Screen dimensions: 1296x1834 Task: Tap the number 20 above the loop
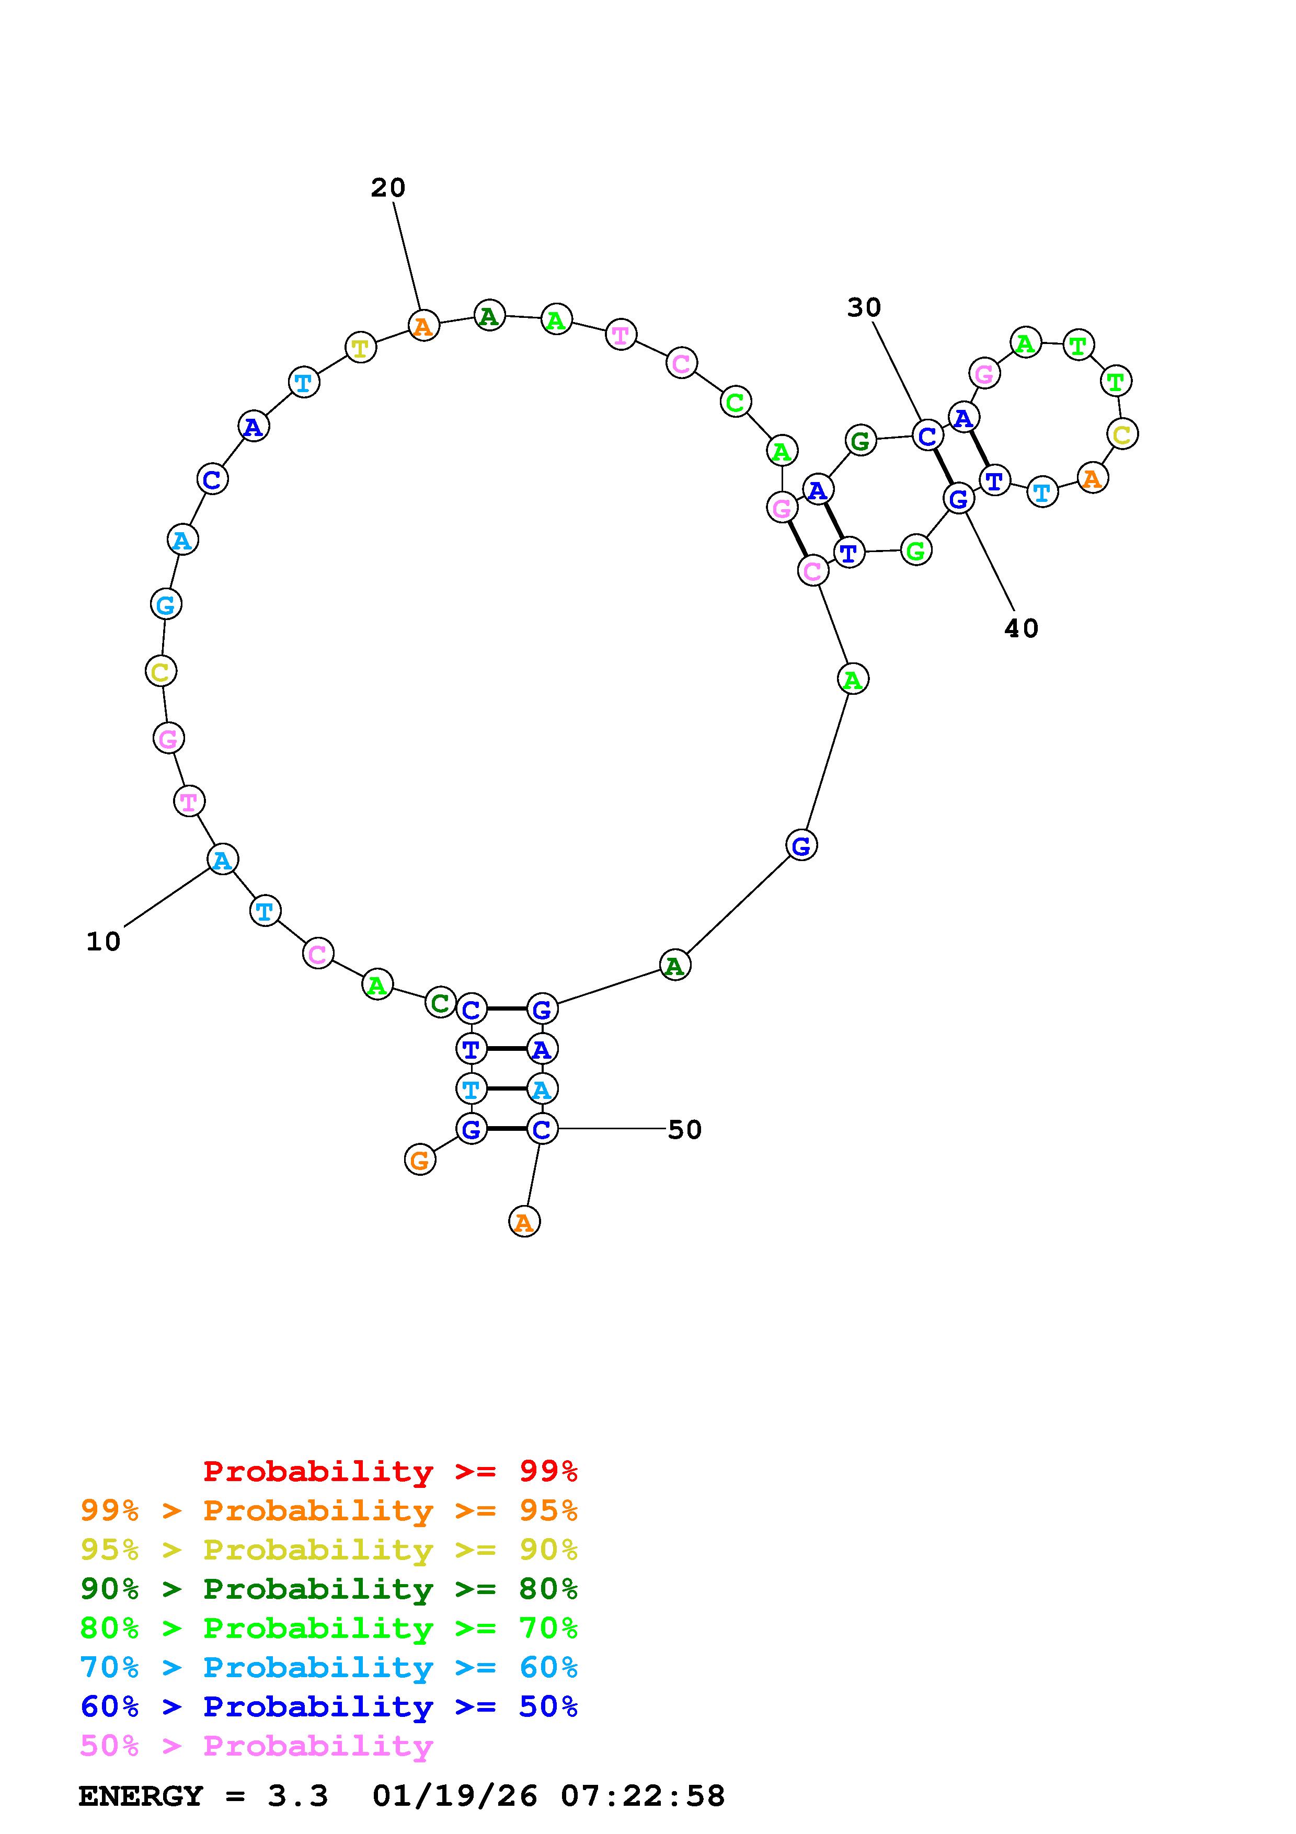(388, 188)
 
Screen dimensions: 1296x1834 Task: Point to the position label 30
(864, 307)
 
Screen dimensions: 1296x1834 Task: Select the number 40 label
(1022, 628)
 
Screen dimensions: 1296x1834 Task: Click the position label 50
(684, 1129)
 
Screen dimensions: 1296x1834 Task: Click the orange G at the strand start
(420, 1159)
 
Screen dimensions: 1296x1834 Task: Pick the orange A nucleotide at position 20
(424, 325)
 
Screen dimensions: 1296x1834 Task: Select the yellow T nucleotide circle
(361, 348)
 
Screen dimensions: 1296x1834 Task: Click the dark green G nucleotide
(860, 440)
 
